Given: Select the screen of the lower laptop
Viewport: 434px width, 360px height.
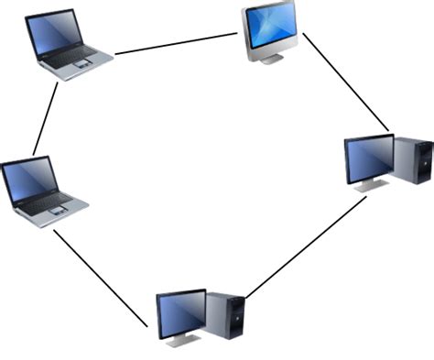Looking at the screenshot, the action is coord(29,180).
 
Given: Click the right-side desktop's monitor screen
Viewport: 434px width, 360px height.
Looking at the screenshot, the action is coord(369,157).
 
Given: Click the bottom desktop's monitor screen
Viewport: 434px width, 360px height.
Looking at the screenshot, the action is coord(181,311).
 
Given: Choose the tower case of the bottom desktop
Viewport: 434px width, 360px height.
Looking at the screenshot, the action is coord(224,317).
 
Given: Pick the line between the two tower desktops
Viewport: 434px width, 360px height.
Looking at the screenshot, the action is coord(307,247).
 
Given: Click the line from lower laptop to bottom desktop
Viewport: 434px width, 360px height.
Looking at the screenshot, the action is coord(101,277).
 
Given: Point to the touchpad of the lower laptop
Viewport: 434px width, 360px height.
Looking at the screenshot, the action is coord(59,212).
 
